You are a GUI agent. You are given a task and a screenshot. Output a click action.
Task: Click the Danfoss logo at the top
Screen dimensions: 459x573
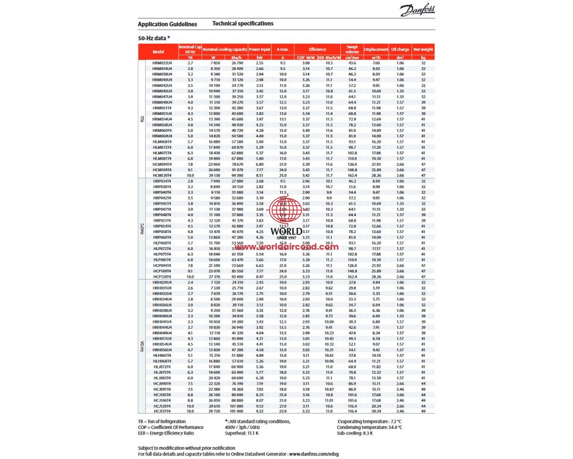point(417,10)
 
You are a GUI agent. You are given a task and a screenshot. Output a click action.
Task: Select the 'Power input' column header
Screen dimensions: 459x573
point(260,49)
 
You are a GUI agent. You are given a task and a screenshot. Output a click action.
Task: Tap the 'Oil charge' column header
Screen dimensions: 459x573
point(400,49)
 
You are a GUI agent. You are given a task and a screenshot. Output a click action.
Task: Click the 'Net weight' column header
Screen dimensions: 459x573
point(423,49)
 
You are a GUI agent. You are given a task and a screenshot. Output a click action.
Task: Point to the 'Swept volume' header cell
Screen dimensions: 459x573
point(352,49)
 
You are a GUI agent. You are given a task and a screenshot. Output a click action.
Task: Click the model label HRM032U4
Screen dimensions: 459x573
point(162,63)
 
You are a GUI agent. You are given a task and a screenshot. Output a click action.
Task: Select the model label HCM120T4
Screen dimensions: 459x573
point(162,176)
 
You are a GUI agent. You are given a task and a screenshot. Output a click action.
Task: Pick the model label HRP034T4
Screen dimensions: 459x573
point(162,181)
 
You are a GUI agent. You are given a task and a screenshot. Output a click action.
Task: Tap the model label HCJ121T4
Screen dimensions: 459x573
point(162,411)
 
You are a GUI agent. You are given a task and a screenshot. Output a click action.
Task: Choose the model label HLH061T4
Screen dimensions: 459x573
point(162,355)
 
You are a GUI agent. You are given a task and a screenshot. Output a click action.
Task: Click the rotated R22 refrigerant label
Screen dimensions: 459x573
point(142,119)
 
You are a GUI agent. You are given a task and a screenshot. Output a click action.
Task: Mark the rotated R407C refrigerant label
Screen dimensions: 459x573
point(142,229)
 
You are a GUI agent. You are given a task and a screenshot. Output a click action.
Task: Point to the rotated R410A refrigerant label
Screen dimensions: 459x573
point(142,346)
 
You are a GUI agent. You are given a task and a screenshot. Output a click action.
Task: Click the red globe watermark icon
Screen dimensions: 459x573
point(286,208)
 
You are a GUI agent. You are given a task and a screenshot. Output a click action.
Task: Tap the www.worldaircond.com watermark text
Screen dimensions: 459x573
point(286,247)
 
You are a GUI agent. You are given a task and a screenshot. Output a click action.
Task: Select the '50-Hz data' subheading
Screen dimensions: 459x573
point(154,38)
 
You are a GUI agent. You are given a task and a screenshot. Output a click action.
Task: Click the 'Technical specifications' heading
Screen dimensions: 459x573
point(243,24)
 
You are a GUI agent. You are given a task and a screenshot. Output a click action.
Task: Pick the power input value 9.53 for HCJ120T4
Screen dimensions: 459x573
point(260,406)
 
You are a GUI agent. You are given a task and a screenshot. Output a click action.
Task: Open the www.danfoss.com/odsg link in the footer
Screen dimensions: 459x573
point(314,454)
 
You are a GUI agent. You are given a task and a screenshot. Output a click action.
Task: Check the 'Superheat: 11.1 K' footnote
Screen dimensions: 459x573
point(242,433)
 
